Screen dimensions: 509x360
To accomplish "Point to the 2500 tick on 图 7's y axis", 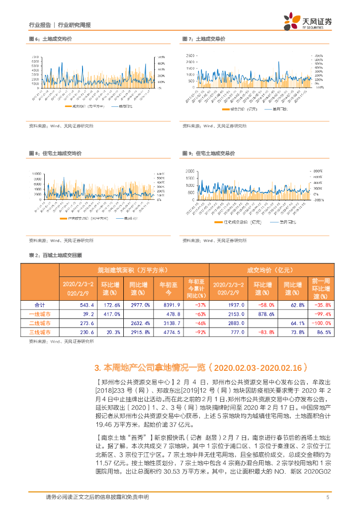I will (190, 55).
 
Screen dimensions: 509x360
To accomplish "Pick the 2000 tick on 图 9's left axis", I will (190, 170).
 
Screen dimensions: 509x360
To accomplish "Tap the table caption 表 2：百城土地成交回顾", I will (56, 255).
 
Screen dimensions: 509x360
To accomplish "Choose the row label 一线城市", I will (39, 314).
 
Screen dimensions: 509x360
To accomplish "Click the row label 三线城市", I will (39, 332).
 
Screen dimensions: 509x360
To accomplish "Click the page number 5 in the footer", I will (328, 497).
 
